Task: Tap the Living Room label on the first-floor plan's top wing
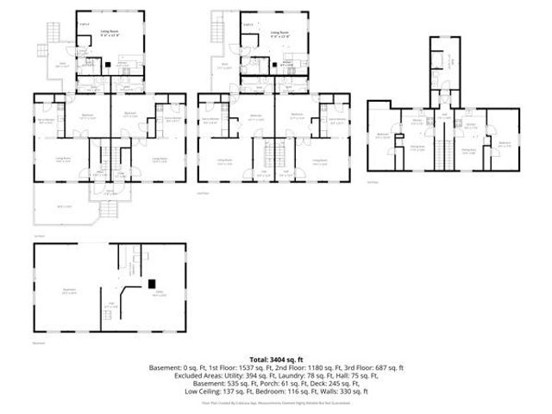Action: pos(110,32)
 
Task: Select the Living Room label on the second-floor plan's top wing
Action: pos(275,32)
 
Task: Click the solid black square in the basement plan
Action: pos(152,283)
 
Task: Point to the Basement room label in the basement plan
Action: pos(66,290)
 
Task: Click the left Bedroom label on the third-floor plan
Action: pos(383,135)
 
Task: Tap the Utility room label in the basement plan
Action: pos(159,294)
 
